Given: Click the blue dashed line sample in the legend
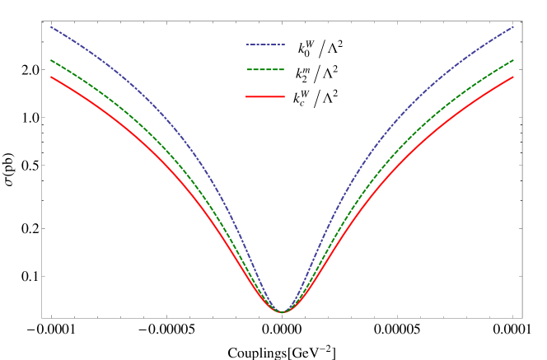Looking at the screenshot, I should click(x=265, y=44).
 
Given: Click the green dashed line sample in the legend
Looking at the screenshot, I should click(x=265, y=70).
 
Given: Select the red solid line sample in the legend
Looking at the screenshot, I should click(x=265, y=97).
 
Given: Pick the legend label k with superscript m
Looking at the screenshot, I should click(x=302, y=75).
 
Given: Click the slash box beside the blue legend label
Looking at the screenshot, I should click(x=321, y=49).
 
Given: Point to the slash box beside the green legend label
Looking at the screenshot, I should click(x=317, y=75).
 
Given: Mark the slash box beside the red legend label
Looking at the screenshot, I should click(x=316, y=99).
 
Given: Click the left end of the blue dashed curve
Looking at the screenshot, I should click(x=51, y=26).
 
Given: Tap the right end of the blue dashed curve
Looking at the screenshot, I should click(x=513, y=26).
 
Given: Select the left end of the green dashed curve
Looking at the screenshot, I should click(x=51, y=60).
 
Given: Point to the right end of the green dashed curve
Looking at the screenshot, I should click(x=513, y=60).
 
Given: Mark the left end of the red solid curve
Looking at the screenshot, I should click(x=51, y=77).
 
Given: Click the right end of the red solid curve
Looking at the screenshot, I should click(x=513, y=77).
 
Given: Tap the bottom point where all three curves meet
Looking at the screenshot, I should click(x=282, y=312).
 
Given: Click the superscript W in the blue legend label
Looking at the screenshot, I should click(x=311, y=45).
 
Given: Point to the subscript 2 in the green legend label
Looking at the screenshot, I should click(x=301, y=79).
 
